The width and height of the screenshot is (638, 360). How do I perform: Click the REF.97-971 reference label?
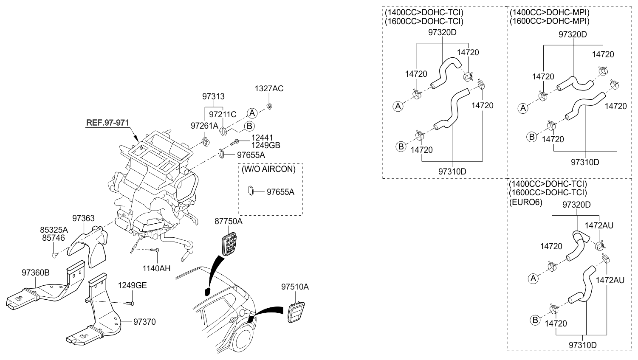[107, 122]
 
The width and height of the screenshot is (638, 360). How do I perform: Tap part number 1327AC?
[269, 89]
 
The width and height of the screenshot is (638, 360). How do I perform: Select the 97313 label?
[213, 97]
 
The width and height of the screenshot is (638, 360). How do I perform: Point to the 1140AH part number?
[156, 268]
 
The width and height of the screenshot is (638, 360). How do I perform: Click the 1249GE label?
[132, 285]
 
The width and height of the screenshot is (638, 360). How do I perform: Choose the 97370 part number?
[144, 322]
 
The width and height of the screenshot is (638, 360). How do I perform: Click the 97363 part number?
[83, 218]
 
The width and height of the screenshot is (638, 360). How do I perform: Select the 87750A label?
[228, 222]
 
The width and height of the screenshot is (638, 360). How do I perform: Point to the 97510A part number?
[295, 287]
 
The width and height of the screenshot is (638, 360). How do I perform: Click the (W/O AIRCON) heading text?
[268, 169]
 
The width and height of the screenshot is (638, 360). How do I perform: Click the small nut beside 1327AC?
[269, 106]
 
